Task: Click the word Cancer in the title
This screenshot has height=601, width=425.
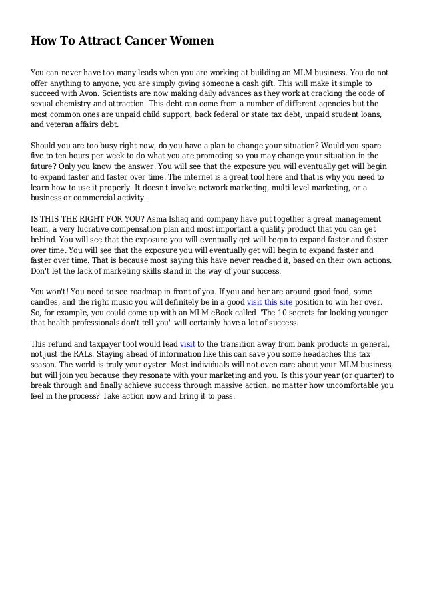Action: coord(134,41)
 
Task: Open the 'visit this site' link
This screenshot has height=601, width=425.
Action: coord(265,302)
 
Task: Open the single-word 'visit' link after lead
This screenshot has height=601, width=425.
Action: coord(187,344)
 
